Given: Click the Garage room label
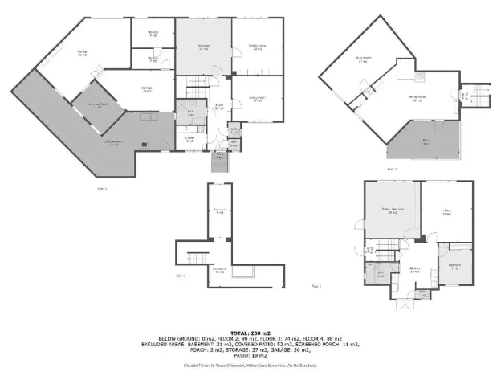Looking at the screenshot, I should (x=82, y=53).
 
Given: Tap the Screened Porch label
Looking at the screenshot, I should (x=93, y=105).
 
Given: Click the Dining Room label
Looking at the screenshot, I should (x=256, y=100).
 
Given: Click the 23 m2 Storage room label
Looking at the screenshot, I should (x=147, y=89).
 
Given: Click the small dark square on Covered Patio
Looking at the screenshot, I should (x=145, y=145).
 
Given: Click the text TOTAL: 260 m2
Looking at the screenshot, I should (x=250, y=331).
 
